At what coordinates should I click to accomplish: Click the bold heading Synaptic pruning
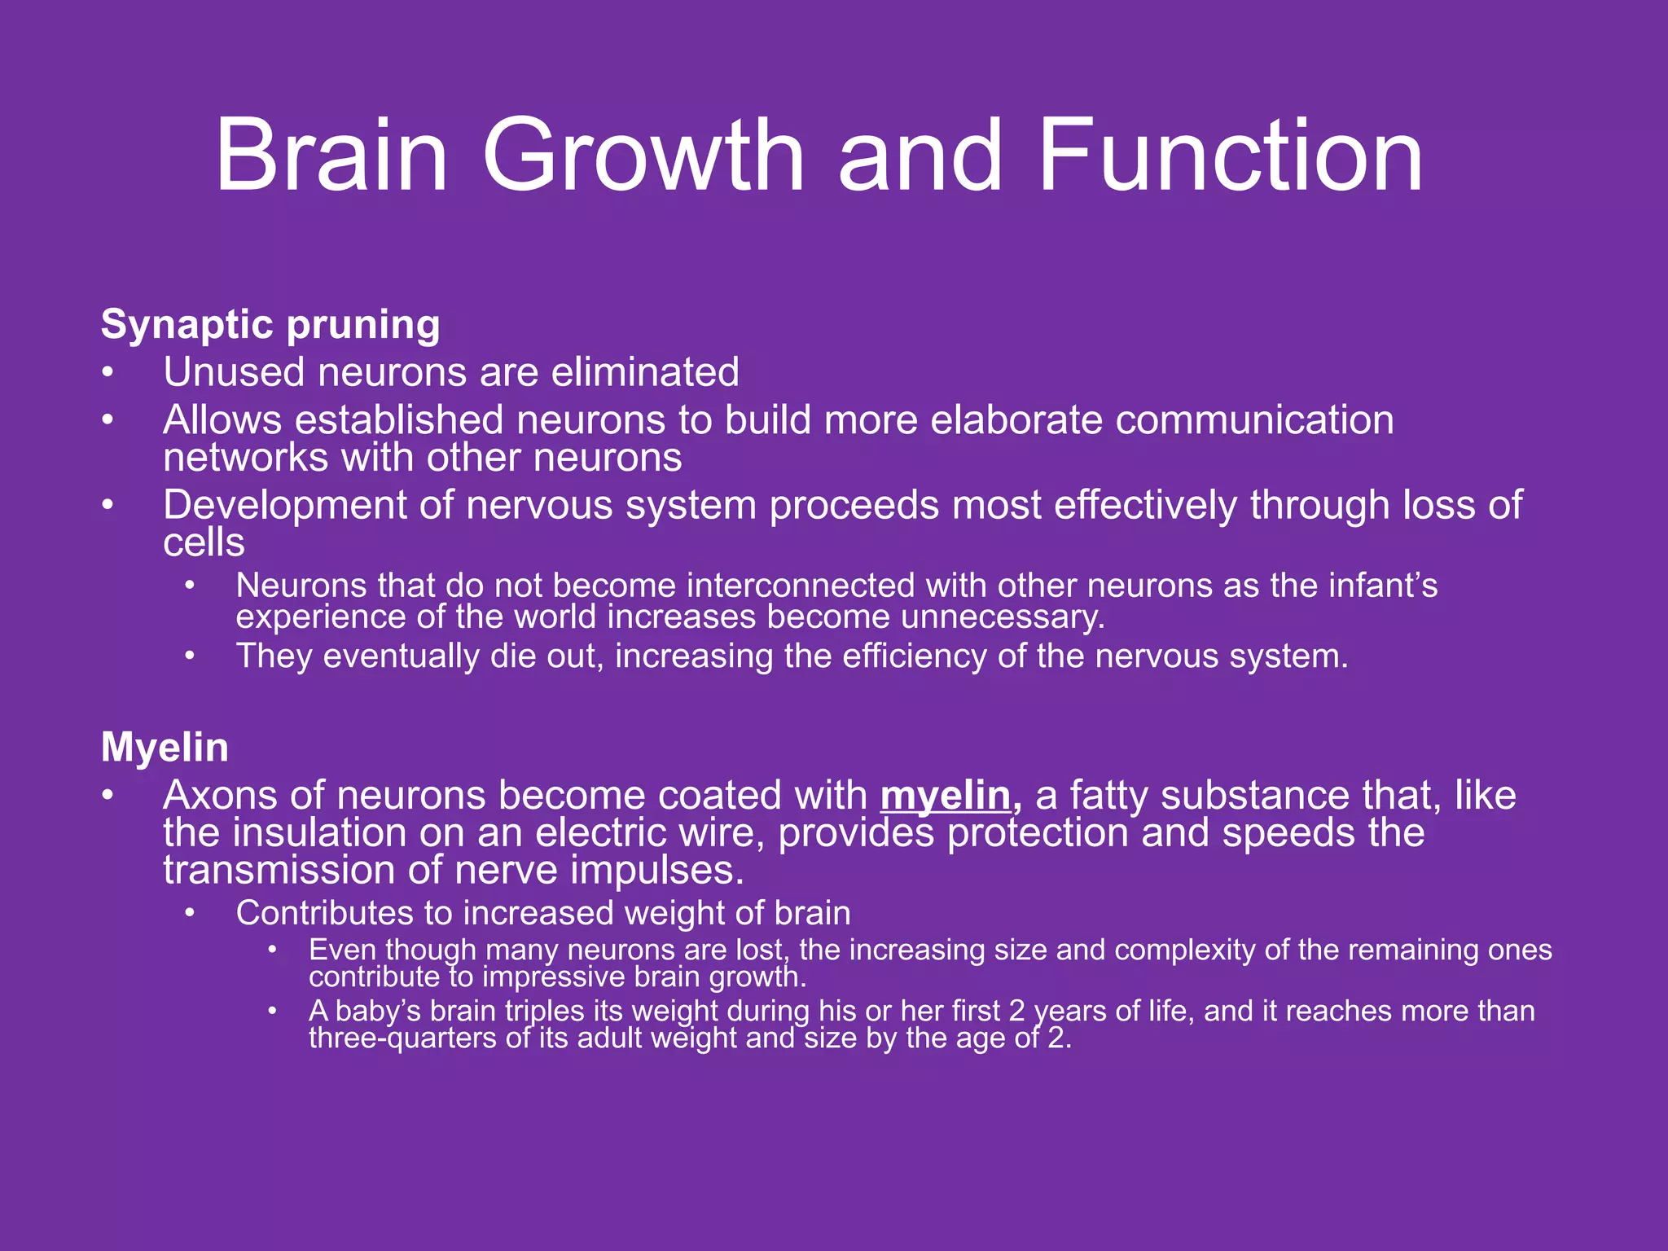[x=270, y=325]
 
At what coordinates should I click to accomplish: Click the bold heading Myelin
[x=165, y=747]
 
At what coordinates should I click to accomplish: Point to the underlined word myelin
[x=946, y=796]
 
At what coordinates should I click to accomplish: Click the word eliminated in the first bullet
[x=645, y=373]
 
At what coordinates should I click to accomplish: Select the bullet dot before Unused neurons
[x=108, y=373]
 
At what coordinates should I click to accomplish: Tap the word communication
[x=1254, y=421]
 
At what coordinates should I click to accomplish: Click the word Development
[x=284, y=506]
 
